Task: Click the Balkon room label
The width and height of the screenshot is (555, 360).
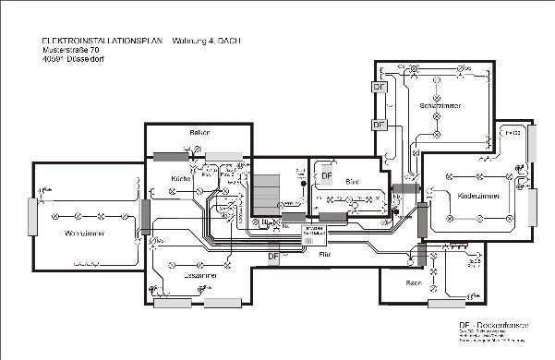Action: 200,133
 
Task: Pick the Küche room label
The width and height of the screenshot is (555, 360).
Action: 181,177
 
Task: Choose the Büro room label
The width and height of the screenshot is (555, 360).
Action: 351,182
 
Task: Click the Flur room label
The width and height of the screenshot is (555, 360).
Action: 324,250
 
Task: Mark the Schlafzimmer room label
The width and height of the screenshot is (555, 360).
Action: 440,104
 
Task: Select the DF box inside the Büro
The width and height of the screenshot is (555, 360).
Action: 325,175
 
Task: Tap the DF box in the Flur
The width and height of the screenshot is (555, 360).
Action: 272,256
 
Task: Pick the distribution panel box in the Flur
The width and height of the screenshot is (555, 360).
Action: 320,230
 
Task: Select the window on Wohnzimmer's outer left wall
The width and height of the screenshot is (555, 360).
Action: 34,215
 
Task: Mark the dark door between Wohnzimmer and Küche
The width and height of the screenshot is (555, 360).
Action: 145,215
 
